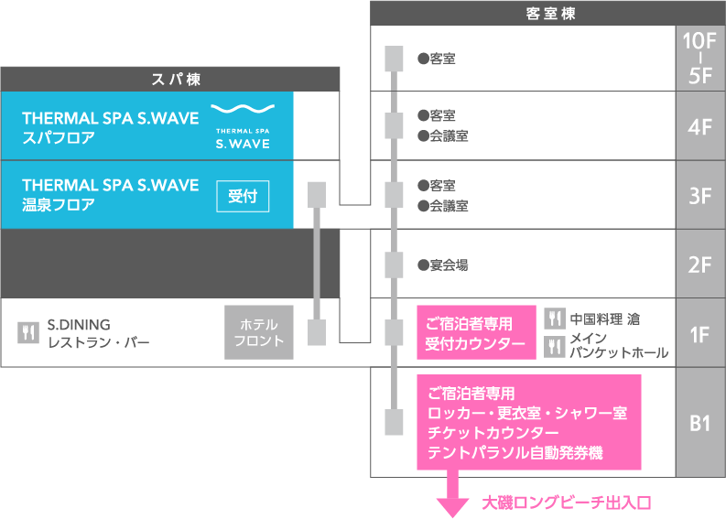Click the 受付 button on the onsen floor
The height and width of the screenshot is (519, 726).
(243, 196)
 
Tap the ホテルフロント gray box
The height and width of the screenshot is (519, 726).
(259, 332)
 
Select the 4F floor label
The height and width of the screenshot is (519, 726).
(700, 125)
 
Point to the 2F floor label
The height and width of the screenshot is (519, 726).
(700, 265)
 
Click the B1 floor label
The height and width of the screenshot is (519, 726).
(700, 423)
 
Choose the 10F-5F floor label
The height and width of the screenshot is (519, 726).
(700, 58)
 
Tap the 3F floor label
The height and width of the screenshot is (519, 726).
(700, 195)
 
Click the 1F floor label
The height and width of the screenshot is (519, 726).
(700, 333)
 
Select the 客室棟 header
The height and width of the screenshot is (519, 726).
(547, 14)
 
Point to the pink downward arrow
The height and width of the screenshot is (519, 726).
(450, 498)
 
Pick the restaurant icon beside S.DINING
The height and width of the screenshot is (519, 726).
(28, 332)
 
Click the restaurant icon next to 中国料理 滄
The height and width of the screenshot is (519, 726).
(555, 319)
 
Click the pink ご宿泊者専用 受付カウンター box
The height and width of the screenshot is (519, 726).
(476, 333)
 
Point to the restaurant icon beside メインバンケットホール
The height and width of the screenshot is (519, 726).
(555, 346)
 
